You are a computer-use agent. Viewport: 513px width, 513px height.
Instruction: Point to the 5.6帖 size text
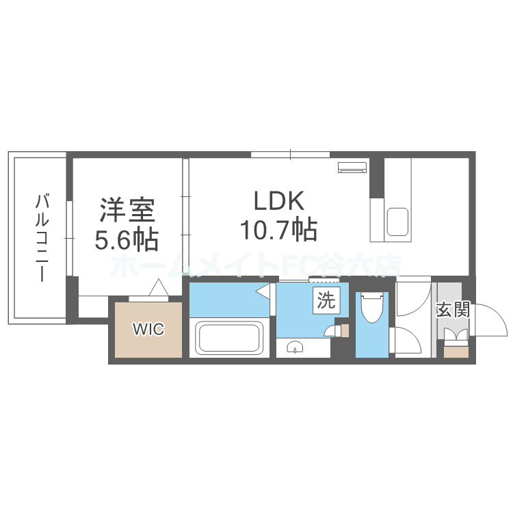coord(127,240)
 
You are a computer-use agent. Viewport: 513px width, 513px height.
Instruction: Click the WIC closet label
coord(148,329)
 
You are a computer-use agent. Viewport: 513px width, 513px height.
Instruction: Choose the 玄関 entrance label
coord(452,311)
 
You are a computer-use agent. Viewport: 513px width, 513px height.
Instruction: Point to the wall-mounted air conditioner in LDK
coord(352,166)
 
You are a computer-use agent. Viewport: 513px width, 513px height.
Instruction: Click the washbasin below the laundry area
coord(295,346)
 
